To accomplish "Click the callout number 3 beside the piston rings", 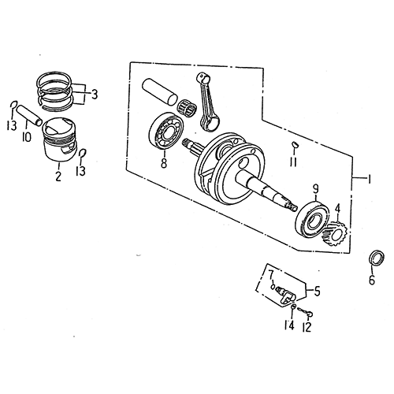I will point(95,95).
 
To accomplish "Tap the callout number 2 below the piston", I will point(58,176).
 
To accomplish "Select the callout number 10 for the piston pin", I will point(26,136).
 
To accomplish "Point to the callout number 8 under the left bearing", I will point(163,164).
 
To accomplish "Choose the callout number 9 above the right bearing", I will point(316,188).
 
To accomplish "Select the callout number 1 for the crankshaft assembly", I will point(366,180).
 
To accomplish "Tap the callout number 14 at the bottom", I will point(289,325).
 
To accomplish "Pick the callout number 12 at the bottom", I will point(307,325).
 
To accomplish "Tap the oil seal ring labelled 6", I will point(377,258).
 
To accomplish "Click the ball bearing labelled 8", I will point(166,132).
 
